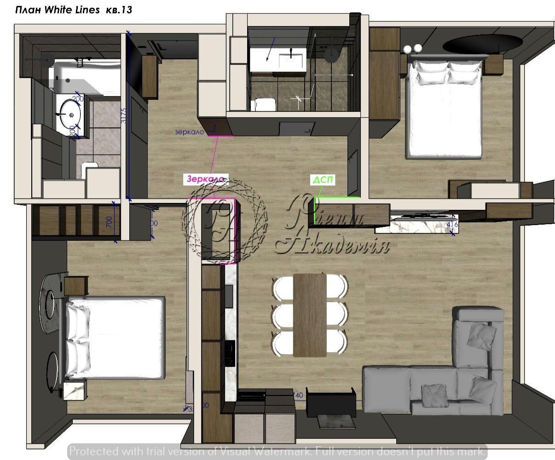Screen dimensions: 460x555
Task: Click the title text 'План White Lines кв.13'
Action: pos(74,10)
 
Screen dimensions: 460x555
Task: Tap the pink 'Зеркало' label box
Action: pos(206,179)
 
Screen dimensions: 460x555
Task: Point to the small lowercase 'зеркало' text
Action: pos(189,132)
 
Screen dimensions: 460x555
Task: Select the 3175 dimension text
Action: pos(123,116)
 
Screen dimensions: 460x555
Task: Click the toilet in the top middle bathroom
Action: pos(264,105)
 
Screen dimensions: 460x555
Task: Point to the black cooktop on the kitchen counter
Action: pos(229,353)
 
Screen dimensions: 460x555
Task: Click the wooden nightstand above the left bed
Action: pos(75,285)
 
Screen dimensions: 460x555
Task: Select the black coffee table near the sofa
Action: pos(331,403)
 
